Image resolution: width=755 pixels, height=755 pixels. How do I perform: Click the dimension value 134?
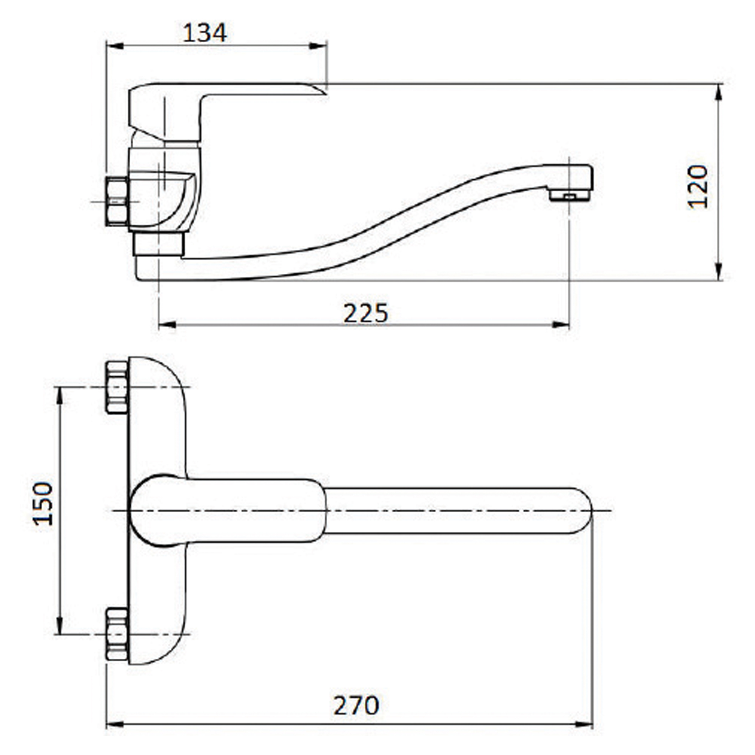click(204, 33)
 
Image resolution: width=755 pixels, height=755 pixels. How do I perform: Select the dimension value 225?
click(366, 313)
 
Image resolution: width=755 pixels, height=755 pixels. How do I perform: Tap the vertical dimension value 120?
click(698, 187)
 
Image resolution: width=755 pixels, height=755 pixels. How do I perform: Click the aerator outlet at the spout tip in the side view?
click(570, 196)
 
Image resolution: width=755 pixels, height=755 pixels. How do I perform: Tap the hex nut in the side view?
click(117, 201)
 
